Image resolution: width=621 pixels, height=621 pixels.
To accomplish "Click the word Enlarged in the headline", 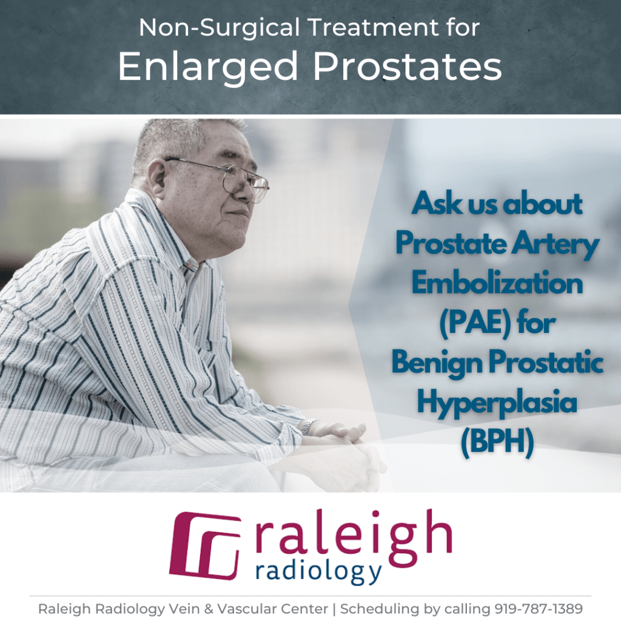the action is pyautogui.click(x=208, y=67).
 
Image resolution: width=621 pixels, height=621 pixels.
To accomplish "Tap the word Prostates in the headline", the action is pyautogui.click(x=408, y=66).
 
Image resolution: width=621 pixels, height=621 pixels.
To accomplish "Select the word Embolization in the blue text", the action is pyautogui.click(x=497, y=283).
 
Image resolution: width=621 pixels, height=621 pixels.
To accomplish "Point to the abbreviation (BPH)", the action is pyautogui.click(x=497, y=443).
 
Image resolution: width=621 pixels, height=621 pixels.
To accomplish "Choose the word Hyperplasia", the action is pyautogui.click(x=497, y=403).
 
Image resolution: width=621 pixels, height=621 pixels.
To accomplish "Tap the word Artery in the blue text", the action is pyautogui.click(x=555, y=245).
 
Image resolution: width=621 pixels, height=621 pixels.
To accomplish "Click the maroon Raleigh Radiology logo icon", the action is pyautogui.click(x=205, y=546).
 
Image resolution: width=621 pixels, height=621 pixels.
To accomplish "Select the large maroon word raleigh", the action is pyautogui.click(x=354, y=537).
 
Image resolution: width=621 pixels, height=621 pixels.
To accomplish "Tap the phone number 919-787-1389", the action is pyautogui.click(x=539, y=609).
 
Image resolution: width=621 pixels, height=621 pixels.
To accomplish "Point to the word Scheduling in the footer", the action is pyautogui.click(x=380, y=609).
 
